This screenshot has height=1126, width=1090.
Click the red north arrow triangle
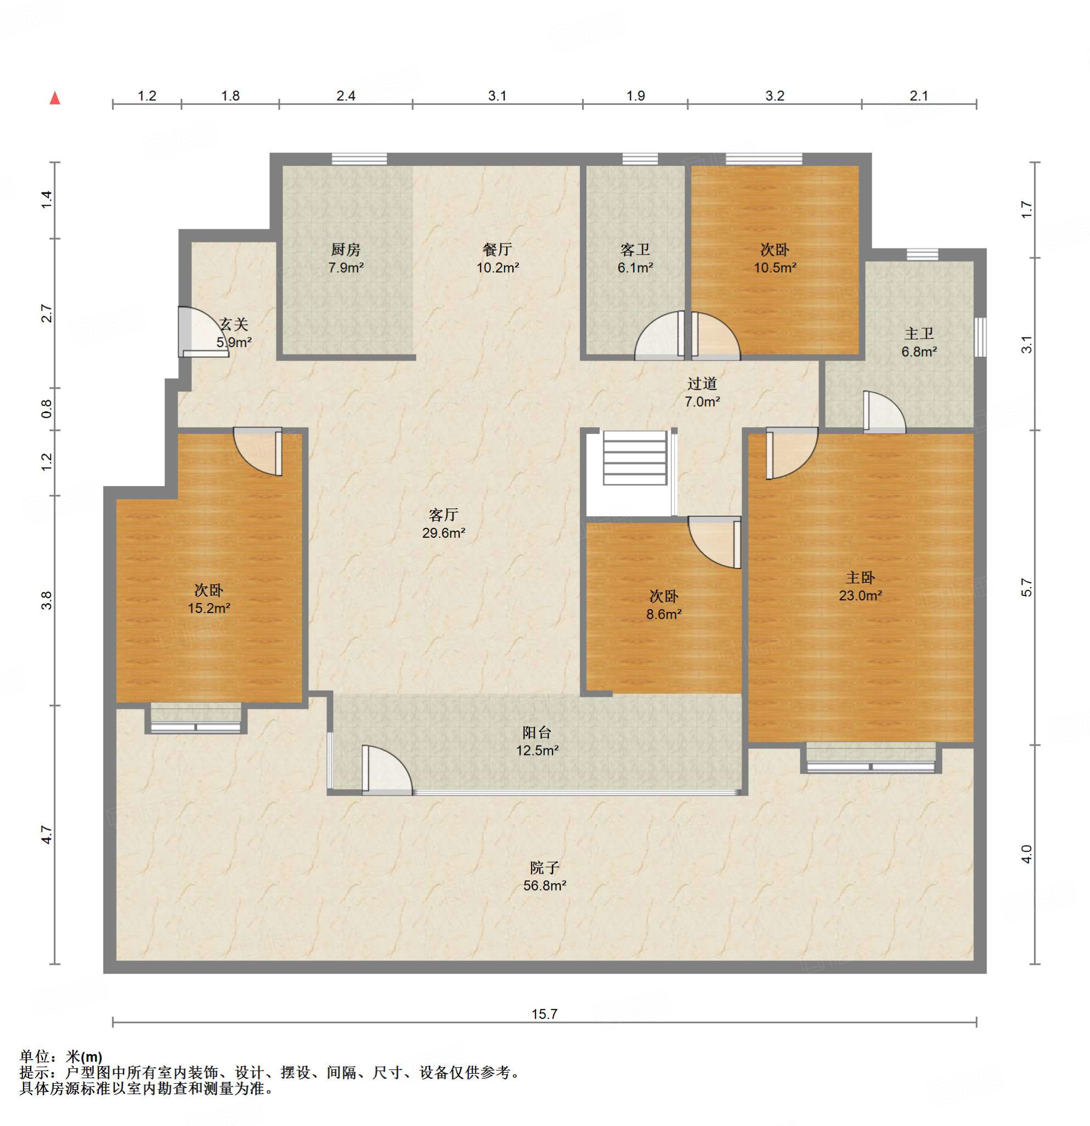55,98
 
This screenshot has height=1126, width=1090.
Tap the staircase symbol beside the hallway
634,459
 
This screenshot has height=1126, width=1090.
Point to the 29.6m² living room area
444,533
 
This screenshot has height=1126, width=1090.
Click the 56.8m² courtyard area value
544,885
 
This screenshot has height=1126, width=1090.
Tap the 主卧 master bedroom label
860,577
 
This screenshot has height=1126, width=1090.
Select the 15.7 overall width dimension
544,1014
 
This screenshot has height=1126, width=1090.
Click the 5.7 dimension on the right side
1027,587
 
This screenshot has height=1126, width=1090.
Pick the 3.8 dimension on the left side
47,600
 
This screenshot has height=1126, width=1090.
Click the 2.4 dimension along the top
346,96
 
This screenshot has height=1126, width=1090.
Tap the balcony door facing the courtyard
386,770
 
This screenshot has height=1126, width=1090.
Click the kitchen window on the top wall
359,159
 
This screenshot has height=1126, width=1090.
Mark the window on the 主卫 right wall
980,337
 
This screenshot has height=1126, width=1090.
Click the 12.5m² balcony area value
537,750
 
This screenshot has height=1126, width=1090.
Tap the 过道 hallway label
702,383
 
